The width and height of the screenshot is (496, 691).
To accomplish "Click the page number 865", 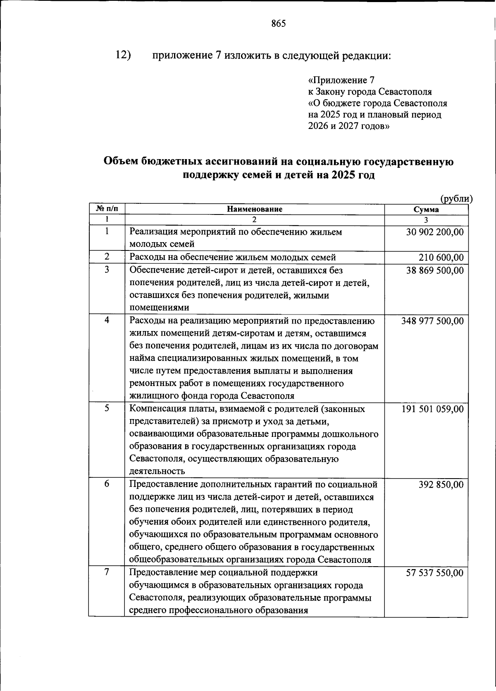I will coord(278,24).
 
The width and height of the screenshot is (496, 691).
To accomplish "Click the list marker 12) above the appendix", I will coord(123,55).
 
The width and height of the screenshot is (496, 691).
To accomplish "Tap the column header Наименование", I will coord(254,209).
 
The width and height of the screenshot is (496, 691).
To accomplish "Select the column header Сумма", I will coord(426,210).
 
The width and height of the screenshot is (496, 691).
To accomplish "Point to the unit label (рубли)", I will coord(456,199).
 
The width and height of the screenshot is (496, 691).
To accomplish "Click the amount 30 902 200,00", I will coord(434,232).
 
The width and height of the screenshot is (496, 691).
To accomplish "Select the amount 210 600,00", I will coord(441,258).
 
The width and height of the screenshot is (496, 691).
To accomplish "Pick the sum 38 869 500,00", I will coord(434,271).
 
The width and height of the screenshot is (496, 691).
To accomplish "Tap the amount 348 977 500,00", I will coord(432,321).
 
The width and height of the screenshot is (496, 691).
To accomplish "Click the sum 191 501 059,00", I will coord(432,409).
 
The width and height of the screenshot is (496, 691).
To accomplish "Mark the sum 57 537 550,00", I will coord(434,573).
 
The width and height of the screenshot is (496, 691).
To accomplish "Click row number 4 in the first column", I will coord(107,320).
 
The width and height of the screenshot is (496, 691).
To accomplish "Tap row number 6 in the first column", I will coord(107,483).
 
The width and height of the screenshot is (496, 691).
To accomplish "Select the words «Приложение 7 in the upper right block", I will coord(341,80).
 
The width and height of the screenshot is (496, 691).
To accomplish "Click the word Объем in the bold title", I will coord(120,162).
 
